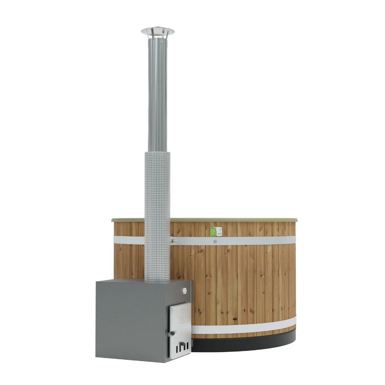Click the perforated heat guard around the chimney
(x=157, y=214)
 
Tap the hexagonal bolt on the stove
(x=184, y=291)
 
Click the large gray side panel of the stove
(x=132, y=321)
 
